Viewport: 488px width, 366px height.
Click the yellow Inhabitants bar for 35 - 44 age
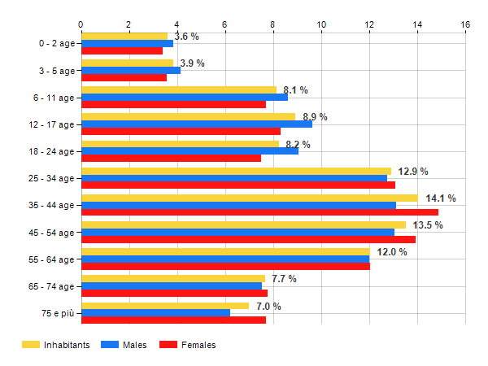249,198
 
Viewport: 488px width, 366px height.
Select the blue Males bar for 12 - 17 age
196,124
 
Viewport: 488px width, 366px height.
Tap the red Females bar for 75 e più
173,320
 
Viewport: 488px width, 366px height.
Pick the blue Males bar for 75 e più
155,312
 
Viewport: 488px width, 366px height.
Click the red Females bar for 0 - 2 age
122,50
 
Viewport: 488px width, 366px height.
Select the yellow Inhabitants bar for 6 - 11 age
179,89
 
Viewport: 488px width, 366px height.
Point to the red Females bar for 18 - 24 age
171,158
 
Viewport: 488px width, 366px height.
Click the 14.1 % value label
441,198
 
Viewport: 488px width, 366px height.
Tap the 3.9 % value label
192,63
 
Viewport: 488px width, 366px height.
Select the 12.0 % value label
391,252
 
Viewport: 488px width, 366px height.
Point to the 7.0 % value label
268,306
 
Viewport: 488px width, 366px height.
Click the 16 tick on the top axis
465,25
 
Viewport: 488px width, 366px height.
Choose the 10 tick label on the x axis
321,25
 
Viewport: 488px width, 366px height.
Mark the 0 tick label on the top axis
81,25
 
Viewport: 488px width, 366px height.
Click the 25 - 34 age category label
50,178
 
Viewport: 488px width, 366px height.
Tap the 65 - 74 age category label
50,286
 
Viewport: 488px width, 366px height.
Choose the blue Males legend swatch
109,345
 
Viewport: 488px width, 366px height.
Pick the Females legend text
198,345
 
